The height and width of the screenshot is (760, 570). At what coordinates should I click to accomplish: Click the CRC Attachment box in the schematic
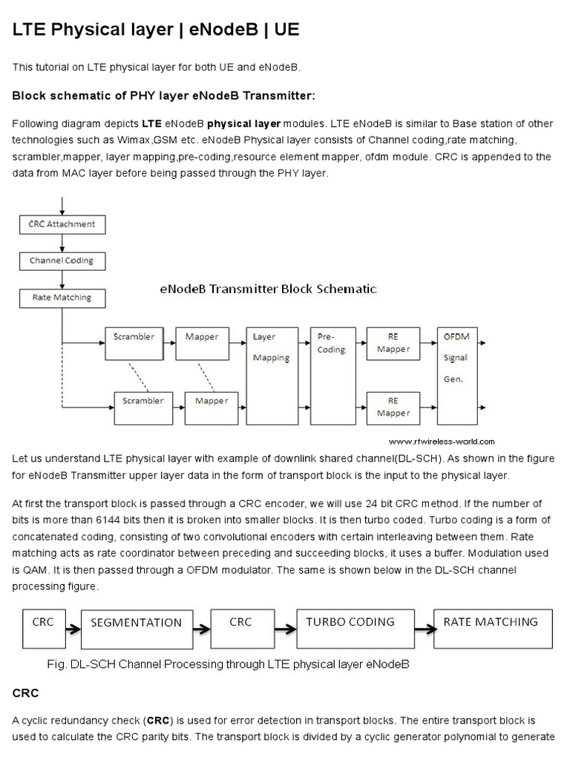(62, 223)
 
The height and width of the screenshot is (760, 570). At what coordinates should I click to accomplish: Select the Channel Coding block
(62, 261)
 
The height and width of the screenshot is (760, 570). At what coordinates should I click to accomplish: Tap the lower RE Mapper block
(393, 406)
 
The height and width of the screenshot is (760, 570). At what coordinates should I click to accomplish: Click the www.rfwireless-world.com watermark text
(441, 441)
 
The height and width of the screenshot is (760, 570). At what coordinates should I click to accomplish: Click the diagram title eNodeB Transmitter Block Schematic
(268, 289)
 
